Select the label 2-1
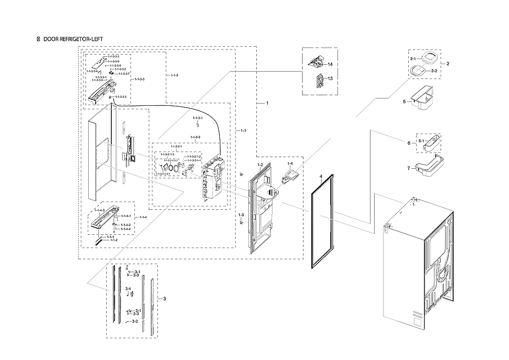pyautogui.click(x=412, y=59)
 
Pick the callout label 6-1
pyautogui.click(x=421, y=140)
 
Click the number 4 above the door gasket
pyautogui.click(x=320, y=177)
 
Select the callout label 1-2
pyautogui.click(x=260, y=165)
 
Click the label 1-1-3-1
pyautogui.click(x=197, y=118)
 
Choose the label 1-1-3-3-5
pyautogui.click(x=120, y=97)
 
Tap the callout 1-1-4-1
pyautogui.click(x=126, y=216)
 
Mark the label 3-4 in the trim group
pyautogui.click(x=128, y=288)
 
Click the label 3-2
pyautogui.click(x=135, y=321)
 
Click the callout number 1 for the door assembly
pyautogui.click(x=267, y=103)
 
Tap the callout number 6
pyautogui.click(x=408, y=143)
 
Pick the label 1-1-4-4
pyautogui.click(x=126, y=229)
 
